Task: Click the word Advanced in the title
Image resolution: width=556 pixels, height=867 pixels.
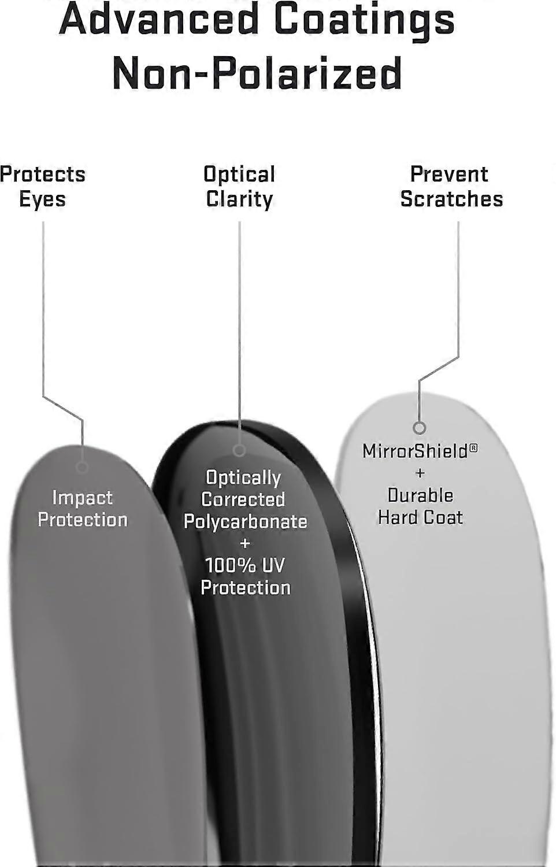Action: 158,18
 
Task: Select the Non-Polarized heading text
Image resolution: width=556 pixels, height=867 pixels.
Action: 257,73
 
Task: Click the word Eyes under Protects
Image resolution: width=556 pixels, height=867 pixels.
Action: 42,200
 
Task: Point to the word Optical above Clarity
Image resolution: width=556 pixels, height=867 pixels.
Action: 239,175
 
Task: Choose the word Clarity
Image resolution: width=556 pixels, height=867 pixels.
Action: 239,200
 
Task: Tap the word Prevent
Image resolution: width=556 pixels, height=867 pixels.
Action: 449,174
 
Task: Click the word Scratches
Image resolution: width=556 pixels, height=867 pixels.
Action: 451,199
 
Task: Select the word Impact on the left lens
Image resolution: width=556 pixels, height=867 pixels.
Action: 83,498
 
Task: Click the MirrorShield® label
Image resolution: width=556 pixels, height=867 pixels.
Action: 420,451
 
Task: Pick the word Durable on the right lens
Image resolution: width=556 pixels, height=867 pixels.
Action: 420,495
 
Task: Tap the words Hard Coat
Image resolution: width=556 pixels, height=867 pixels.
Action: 420,517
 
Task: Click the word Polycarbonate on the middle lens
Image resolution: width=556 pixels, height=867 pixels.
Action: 245,522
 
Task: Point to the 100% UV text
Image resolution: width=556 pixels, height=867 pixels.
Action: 244,565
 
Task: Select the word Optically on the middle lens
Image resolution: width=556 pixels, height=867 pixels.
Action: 243,478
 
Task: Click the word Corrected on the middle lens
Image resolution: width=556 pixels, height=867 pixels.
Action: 243,499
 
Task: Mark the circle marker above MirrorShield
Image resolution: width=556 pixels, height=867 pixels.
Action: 420,428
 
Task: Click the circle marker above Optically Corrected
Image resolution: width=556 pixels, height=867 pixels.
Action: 239,450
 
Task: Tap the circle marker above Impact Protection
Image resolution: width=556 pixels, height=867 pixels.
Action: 82,467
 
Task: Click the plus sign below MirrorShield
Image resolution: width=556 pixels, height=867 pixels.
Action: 420,473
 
